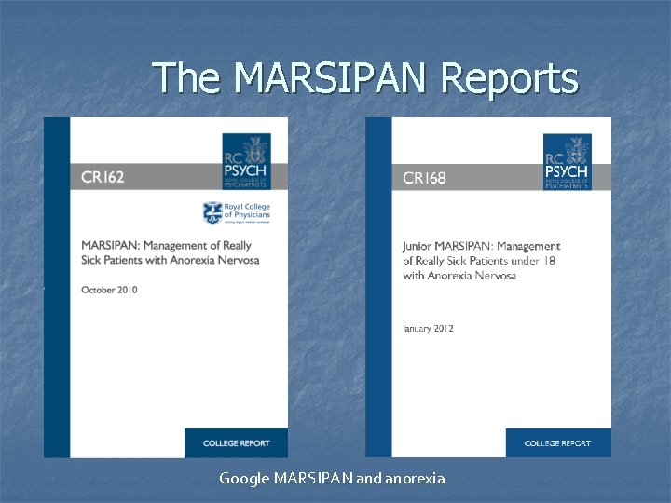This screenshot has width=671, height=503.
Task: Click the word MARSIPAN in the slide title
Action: point(331,78)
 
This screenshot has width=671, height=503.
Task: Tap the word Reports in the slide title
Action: point(509,79)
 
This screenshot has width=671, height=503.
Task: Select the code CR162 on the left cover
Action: point(103,177)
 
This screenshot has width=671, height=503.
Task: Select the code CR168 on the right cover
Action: point(424,178)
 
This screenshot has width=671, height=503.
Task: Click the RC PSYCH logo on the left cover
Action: point(247,160)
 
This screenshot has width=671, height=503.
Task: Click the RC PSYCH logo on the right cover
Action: point(567,160)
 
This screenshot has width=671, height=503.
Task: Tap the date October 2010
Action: point(109,290)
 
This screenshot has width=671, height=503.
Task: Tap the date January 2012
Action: point(428,328)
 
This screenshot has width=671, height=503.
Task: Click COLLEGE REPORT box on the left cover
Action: point(236,443)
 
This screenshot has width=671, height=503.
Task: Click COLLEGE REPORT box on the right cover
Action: point(557,443)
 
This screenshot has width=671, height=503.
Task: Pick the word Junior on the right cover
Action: point(418,247)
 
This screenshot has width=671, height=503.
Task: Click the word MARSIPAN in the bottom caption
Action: point(317,478)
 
